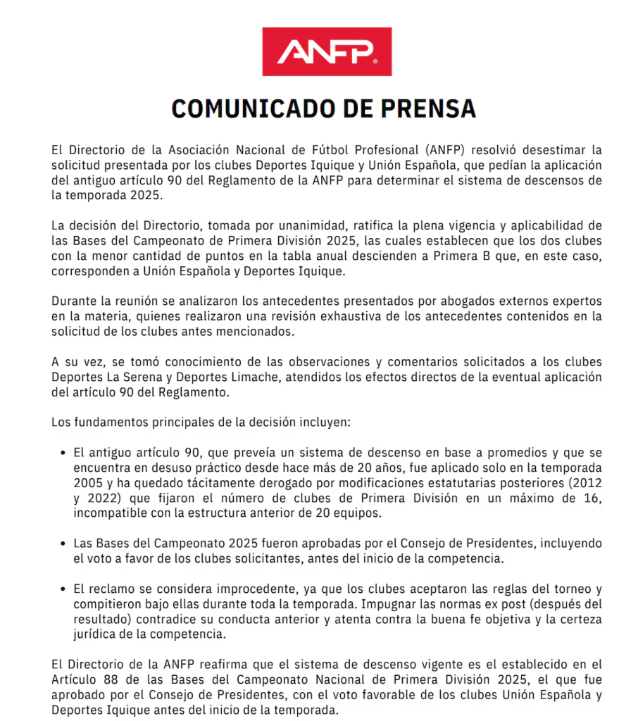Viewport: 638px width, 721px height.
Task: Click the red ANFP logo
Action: point(327,51)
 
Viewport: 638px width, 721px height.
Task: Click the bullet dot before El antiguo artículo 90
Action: point(65,453)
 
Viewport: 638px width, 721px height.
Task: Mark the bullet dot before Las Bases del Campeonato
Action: point(65,544)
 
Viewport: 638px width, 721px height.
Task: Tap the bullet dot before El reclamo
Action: point(65,589)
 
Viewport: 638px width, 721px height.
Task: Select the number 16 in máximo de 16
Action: point(594,499)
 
